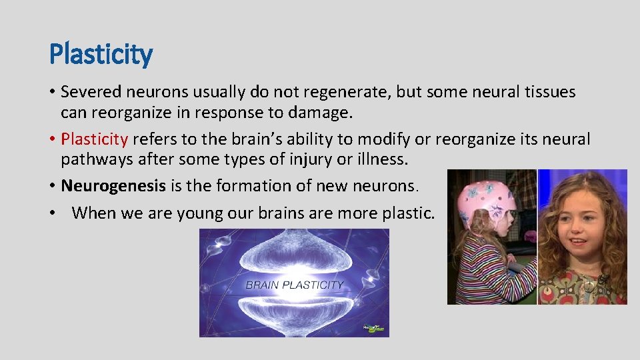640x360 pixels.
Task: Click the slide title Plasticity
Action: click(x=101, y=54)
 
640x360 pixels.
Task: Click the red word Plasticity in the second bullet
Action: click(x=94, y=139)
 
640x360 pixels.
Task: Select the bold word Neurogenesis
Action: click(x=113, y=186)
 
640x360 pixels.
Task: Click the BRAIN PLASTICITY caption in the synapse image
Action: click(x=294, y=285)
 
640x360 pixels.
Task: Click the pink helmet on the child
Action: click(x=485, y=200)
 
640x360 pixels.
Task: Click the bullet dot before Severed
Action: click(x=53, y=92)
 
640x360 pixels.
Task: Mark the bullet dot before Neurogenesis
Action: click(x=53, y=186)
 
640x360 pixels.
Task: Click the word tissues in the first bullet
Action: click(x=549, y=92)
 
